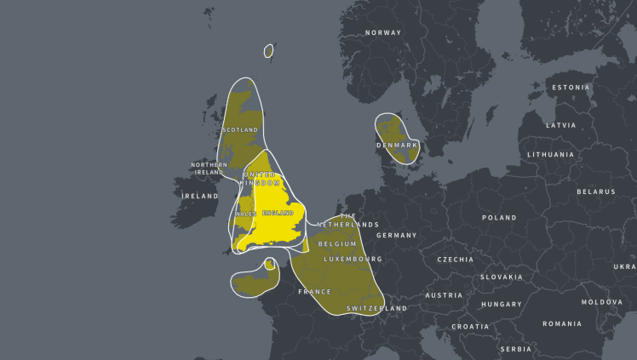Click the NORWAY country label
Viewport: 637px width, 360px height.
point(382,33)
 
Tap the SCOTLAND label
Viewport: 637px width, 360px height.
point(239,130)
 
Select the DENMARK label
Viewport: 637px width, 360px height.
point(398,146)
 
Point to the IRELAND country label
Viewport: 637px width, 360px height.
point(200,196)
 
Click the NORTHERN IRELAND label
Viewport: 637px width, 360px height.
point(209,169)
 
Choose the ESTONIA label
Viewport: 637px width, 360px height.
point(571,88)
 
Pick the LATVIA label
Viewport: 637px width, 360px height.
point(560,125)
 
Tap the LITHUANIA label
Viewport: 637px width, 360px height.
point(550,155)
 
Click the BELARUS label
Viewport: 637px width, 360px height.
point(596,191)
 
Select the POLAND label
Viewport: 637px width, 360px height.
point(499,218)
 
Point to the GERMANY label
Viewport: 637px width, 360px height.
point(396,236)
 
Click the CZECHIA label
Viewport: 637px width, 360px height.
point(456,260)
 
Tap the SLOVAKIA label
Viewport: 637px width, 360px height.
point(501,277)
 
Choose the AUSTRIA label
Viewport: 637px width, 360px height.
point(444,295)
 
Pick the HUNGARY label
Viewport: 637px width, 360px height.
point(502,304)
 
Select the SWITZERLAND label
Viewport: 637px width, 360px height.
point(376,308)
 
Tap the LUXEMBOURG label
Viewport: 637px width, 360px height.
point(353,259)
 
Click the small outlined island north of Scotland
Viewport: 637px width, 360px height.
point(268,51)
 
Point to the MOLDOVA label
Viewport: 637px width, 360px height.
point(602,302)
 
